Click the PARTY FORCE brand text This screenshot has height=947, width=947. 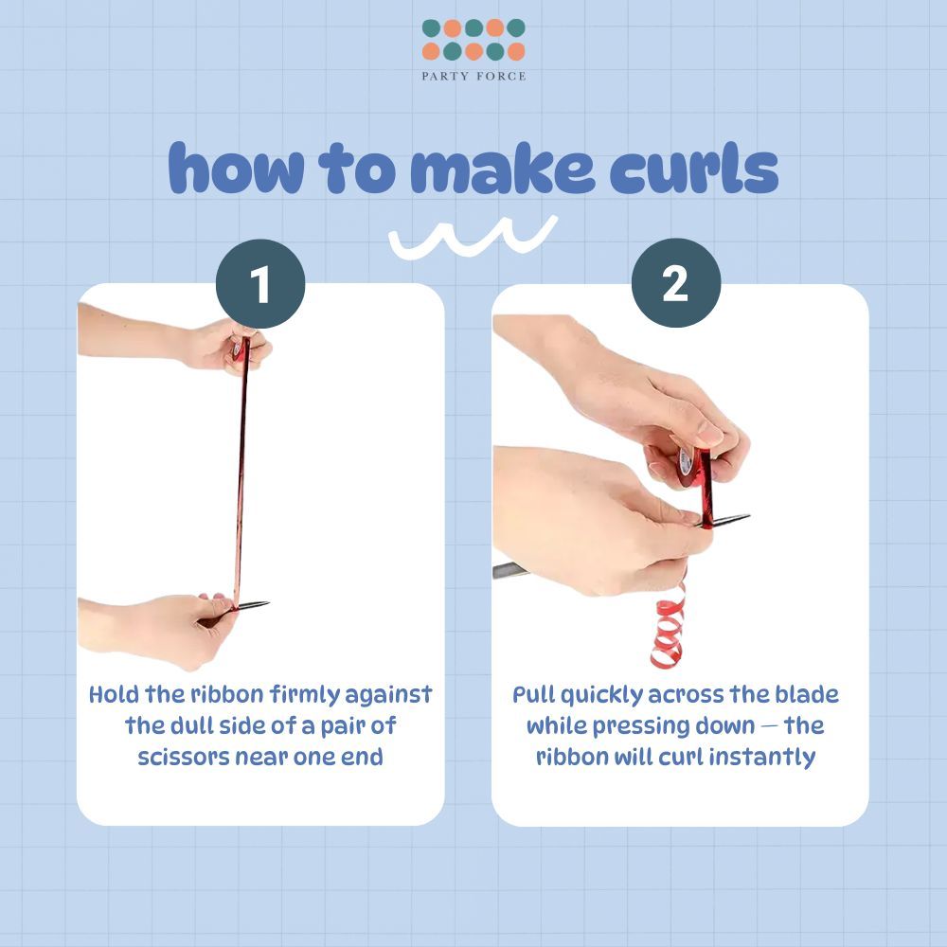coord(473,76)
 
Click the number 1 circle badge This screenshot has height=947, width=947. coord(260,284)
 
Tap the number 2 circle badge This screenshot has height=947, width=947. coord(676,282)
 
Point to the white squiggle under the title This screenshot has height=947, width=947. coord(473,238)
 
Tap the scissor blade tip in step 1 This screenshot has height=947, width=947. coord(268,602)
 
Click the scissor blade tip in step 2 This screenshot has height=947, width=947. coord(749,516)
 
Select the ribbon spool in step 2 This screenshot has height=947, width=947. coord(688,467)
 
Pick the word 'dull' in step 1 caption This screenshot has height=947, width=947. coord(191,725)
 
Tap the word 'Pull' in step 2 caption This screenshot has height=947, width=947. coord(534,694)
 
